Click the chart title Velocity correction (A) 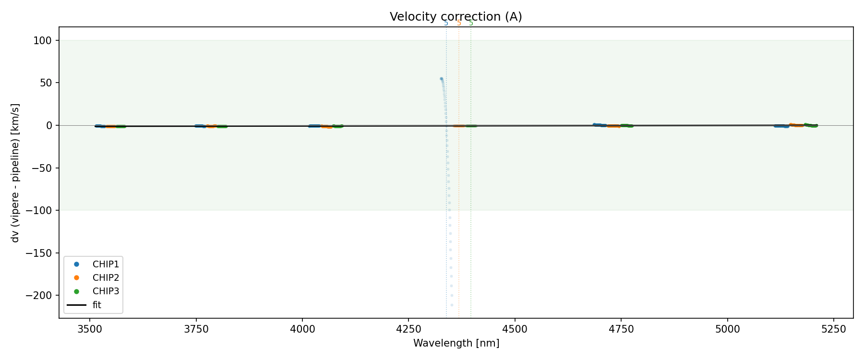click(456, 17)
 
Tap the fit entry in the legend click(96, 305)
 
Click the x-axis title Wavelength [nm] click(456, 343)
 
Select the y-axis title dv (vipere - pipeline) click(15, 173)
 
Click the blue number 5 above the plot click(446, 23)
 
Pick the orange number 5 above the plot click(459, 23)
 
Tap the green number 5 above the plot click(471, 23)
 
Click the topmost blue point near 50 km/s click(441, 79)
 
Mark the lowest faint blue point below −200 click(452, 305)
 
